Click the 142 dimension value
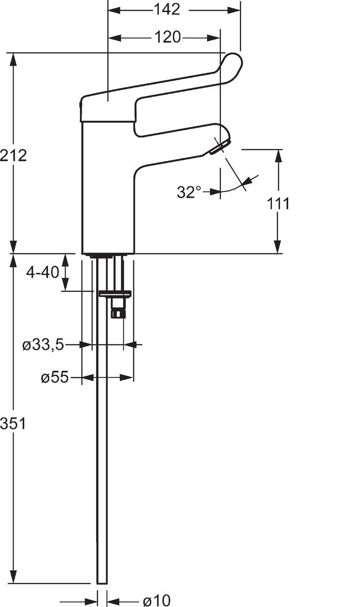(x=167, y=10)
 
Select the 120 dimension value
(x=167, y=37)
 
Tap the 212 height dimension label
(x=14, y=156)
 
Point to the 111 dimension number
(x=278, y=203)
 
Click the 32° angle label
(x=189, y=192)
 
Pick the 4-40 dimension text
(x=42, y=272)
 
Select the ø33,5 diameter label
(x=43, y=345)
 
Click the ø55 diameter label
(x=55, y=377)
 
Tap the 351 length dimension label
(x=13, y=505)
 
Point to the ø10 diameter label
(x=157, y=600)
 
